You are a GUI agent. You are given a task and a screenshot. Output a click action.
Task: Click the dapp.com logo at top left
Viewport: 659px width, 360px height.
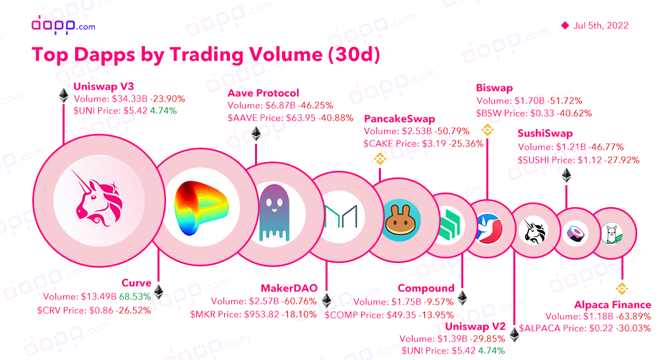coord(63,25)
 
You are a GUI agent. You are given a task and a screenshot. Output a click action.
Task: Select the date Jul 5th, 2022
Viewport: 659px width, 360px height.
coord(600,26)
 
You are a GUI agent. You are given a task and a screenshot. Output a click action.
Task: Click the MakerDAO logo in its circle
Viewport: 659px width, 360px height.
coord(341,216)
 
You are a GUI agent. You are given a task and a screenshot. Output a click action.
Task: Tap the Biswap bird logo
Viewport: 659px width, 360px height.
coord(489,228)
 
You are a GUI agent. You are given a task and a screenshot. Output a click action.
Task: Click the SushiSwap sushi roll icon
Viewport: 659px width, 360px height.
coord(575,232)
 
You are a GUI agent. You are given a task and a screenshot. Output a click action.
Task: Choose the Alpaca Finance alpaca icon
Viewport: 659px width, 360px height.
coord(611,233)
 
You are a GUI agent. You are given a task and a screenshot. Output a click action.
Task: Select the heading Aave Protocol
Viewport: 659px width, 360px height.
coord(263,93)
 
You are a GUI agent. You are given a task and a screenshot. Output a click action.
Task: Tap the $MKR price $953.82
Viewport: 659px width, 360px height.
coord(254,315)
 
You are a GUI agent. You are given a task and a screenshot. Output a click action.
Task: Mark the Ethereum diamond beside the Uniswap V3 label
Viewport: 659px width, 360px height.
coord(63,96)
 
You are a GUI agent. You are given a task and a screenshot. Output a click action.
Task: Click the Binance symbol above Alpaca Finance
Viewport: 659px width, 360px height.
coord(622,288)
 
